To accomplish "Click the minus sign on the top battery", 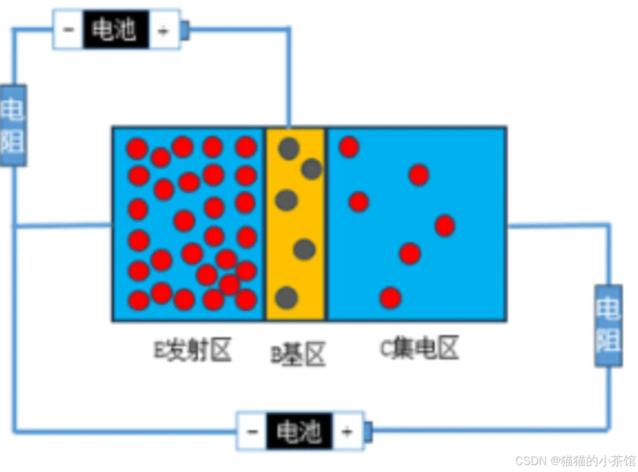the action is pos(68,30).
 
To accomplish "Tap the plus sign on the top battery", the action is pos(164,30).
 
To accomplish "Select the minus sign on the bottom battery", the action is pos(252,432).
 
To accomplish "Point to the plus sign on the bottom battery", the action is pos(347,432).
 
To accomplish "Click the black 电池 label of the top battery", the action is pos(116,30).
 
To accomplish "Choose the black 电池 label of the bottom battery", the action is pos(298,432).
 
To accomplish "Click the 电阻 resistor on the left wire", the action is pos(13,125).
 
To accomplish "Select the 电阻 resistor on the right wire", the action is pos(608,325).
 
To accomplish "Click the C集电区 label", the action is pos(420,348).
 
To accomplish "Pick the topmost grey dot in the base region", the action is pos(289,149).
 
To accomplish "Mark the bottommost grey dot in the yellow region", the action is pos(286,297).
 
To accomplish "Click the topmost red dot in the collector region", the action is pos(349,147).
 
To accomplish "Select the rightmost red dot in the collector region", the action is pos(444,225).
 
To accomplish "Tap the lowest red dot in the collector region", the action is pos(390,297).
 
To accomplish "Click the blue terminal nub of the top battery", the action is pos(185,29).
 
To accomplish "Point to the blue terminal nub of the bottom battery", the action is pos(368,432).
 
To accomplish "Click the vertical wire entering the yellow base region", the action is pos(289,82).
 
